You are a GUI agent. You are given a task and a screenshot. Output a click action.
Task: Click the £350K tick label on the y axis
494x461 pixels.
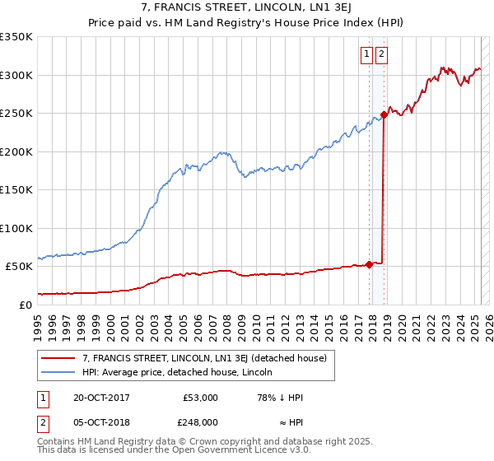(x=16, y=37)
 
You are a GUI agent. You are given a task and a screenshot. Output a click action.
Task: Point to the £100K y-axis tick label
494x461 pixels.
(x=16, y=228)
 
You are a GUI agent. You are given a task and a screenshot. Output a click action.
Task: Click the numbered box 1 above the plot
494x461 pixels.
(x=366, y=55)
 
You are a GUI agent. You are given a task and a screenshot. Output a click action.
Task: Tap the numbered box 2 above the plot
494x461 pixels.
(x=382, y=55)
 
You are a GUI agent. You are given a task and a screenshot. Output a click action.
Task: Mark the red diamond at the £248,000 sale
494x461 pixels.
(x=384, y=115)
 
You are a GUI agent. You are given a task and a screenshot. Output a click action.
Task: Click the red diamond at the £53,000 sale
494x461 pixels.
(x=369, y=264)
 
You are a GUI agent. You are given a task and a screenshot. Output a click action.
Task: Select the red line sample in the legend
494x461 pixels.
(x=59, y=358)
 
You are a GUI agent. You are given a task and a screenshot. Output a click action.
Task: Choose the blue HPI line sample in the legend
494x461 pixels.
(x=59, y=372)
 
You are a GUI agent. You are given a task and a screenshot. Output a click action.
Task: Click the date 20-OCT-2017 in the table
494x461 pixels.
(x=101, y=398)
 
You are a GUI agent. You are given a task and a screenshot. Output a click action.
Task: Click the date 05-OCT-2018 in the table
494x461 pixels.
(x=101, y=421)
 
